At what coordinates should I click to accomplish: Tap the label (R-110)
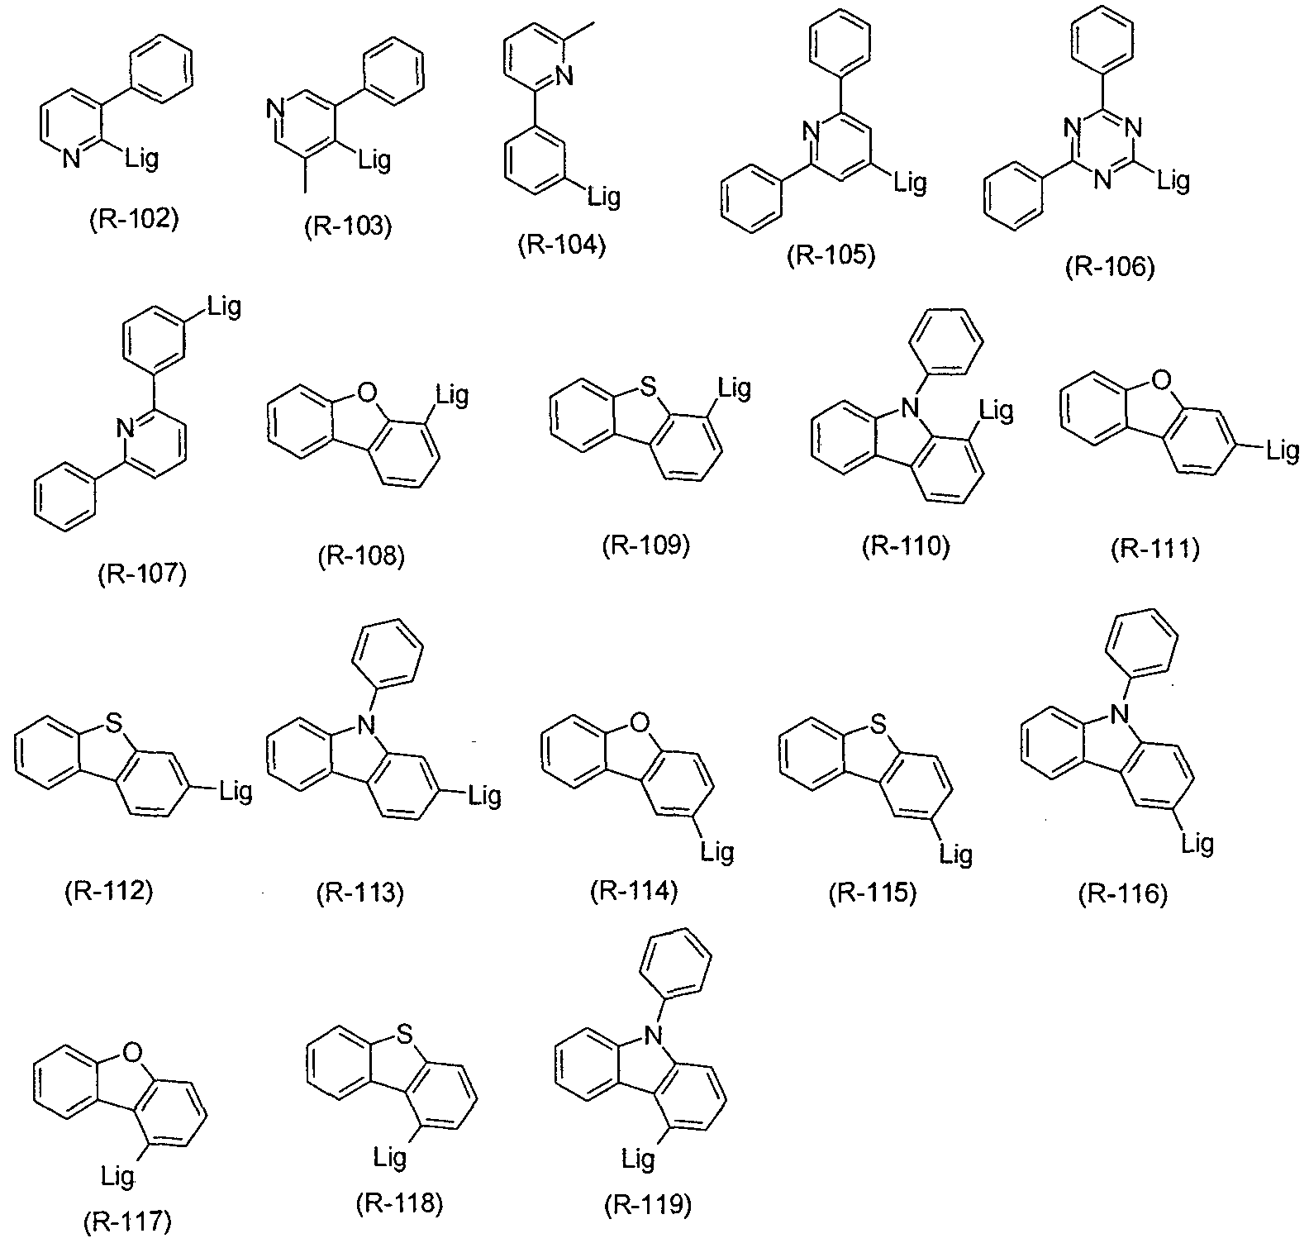906,547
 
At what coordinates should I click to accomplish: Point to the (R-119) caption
646,1206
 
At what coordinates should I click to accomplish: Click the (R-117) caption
128,1222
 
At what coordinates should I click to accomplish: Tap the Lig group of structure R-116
1197,842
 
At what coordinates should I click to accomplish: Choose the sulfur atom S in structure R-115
879,724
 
